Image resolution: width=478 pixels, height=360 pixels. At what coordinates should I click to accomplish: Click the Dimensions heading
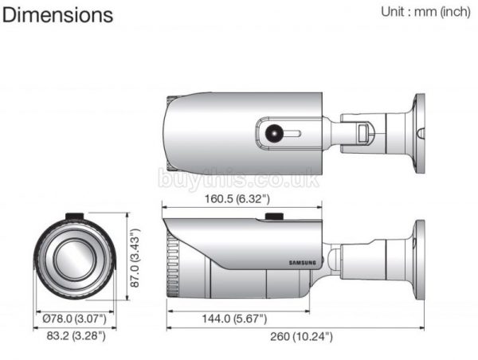[58, 15]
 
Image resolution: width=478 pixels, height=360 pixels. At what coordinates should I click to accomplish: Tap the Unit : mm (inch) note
[424, 13]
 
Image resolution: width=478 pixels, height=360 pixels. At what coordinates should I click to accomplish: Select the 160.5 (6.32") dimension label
[236, 198]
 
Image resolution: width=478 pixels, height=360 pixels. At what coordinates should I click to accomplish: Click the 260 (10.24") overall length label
[300, 337]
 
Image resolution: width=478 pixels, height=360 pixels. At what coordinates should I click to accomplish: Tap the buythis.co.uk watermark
[239, 178]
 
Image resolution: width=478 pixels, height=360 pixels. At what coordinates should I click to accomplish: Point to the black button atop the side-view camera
[276, 215]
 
